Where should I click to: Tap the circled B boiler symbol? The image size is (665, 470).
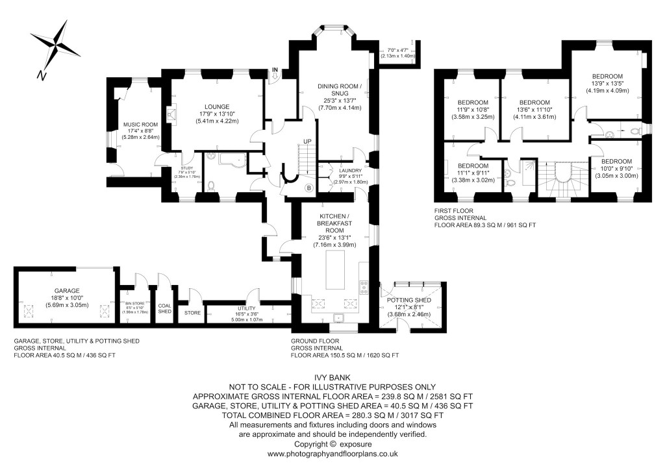[309, 188]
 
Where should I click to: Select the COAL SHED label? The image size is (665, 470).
[165, 308]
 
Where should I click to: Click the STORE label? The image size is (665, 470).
[193, 313]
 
